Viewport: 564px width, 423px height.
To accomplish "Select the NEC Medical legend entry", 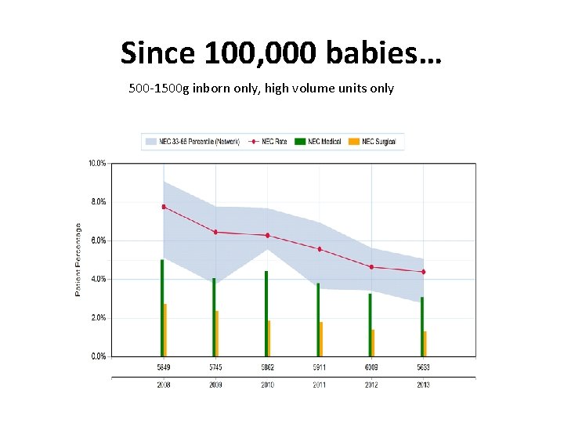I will (320, 142).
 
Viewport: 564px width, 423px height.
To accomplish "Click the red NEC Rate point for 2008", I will (164, 207).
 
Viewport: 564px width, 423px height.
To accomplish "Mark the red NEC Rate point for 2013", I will (423, 272).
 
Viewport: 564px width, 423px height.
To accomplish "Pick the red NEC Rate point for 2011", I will (320, 249).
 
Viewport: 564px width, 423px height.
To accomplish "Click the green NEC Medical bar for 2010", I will (266, 313).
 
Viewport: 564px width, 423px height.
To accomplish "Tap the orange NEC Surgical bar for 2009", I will (217, 334).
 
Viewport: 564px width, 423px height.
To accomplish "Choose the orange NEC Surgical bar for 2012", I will (373, 343).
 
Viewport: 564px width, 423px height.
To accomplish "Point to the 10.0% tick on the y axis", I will (97, 164).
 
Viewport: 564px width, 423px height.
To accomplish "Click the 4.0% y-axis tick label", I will (97, 279).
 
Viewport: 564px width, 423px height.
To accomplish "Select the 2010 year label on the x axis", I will (267, 385).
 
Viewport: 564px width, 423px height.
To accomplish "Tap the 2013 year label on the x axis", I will (423, 385).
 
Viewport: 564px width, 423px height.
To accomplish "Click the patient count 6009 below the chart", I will (371, 367).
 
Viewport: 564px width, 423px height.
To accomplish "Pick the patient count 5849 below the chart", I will (163, 367).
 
